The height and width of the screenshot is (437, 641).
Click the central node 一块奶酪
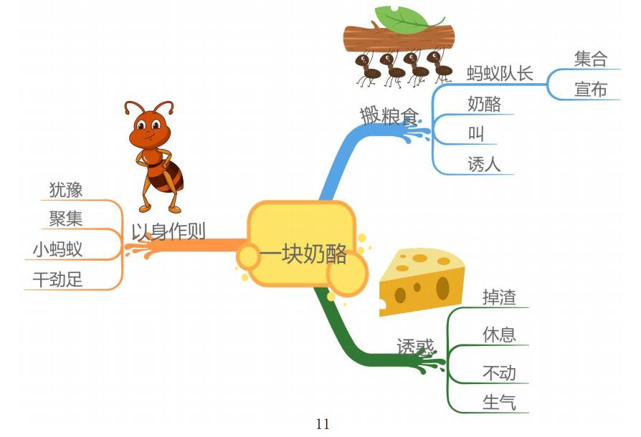point(303,254)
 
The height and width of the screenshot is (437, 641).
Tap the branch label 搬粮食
point(388,114)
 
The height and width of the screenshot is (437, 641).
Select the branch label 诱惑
point(415,347)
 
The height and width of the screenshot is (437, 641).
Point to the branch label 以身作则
point(168,231)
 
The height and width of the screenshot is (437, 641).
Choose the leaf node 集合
point(590,59)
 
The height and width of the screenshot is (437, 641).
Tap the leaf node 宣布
point(590,90)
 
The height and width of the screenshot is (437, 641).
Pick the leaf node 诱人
point(484,165)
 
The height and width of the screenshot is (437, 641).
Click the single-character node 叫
point(476,134)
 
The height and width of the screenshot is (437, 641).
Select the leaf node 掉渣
point(499,297)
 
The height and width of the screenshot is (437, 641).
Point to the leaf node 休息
point(499,335)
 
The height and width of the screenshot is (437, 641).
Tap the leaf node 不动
point(499,373)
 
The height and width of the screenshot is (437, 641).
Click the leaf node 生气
point(499,403)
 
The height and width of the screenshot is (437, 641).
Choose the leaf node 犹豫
point(66,189)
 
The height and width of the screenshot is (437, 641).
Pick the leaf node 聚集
point(66,218)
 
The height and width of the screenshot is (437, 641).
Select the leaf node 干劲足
point(57,279)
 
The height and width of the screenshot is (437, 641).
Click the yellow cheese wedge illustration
point(422,281)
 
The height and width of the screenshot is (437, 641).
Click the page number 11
point(323,424)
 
